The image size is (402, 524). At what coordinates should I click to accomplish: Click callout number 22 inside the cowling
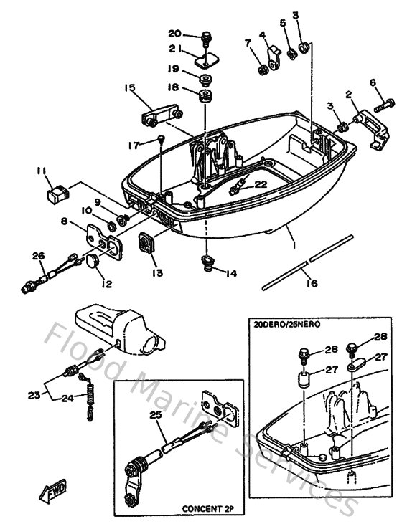[261, 184]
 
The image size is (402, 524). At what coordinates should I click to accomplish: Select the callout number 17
[134, 145]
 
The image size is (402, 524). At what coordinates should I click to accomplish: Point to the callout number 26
[39, 254]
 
